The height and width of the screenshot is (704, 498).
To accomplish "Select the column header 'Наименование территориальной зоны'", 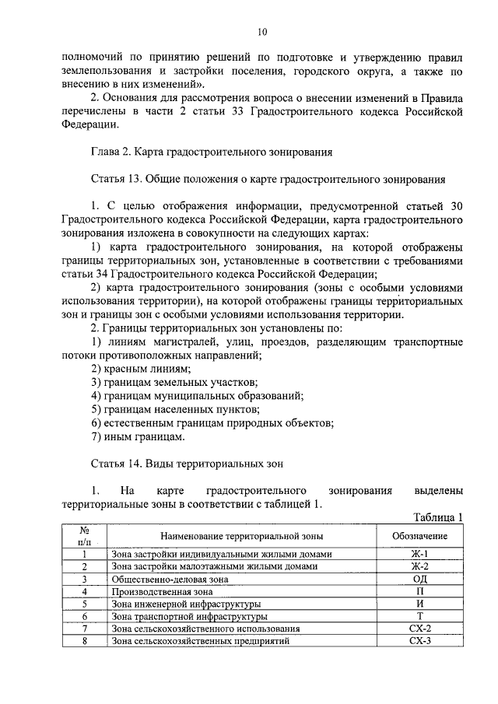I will tap(241, 536).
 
